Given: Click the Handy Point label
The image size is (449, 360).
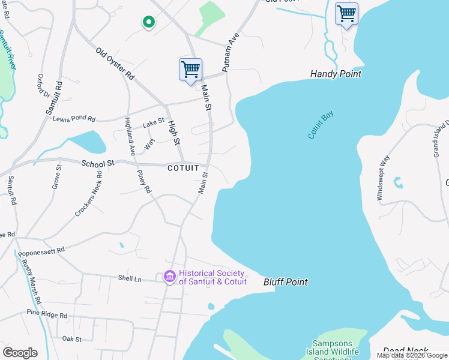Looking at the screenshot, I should coord(336,74).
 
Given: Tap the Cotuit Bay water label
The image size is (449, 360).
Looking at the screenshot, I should coord(321,125).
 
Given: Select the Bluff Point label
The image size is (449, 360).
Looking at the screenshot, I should coord(286,282).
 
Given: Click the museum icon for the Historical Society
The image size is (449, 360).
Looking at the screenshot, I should coord(169,277).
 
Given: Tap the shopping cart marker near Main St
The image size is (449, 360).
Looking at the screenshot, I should coord(190,70).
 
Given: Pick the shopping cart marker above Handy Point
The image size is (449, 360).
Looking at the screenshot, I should coord(346,14).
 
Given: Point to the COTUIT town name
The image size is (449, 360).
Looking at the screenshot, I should coord(183,169).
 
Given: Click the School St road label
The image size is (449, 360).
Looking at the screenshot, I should coord(98,163).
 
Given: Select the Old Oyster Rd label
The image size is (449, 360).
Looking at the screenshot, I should coord(115,63).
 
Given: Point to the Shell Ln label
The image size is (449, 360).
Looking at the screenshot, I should coord(129,278).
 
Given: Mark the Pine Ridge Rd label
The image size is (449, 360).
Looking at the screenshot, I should coord(46,314).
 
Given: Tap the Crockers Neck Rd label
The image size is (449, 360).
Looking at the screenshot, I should coord(88,194).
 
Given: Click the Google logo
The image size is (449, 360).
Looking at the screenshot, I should coord(20,353).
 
